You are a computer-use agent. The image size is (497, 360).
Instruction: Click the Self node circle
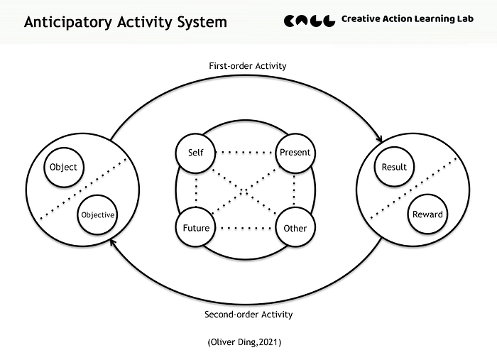click(195, 153)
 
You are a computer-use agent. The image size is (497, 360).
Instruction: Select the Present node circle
click(295, 153)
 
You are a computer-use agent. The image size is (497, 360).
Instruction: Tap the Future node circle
click(195, 229)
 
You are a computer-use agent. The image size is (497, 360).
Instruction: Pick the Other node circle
click(295, 229)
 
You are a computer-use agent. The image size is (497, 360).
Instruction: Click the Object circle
click(64, 168)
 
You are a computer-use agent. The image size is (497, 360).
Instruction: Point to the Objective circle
click(97, 214)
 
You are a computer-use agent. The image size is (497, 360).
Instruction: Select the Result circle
click(394, 168)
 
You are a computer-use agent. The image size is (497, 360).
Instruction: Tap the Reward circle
click(427, 214)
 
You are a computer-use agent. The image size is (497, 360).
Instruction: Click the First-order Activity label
click(247, 66)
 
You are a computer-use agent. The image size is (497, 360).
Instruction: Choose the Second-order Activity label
click(248, 315)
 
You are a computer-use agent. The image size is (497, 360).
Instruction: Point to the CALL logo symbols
click(310, 21)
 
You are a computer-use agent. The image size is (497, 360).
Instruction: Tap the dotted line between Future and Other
click(245, 229)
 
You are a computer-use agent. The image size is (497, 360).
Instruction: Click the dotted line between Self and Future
click(195, 190)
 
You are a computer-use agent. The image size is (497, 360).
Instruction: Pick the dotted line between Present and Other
click(295, 190)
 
